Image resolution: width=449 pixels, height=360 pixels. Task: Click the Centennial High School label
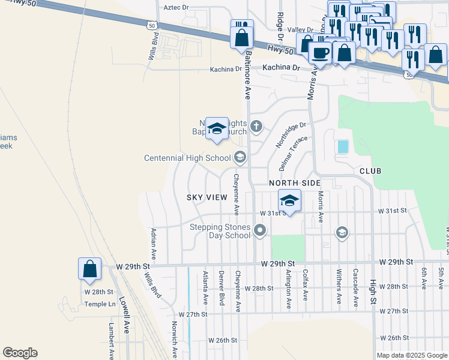point(187,158)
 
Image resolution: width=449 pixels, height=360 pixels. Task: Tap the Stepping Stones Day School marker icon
point(261,230)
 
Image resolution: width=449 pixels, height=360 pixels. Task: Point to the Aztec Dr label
point(176,7)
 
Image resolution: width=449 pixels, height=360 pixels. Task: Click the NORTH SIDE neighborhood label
point(294,182)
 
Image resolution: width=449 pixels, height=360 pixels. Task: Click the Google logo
point(20,353)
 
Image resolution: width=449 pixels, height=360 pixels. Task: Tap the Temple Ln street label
point(100,304)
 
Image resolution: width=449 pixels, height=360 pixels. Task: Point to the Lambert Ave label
point(111,338)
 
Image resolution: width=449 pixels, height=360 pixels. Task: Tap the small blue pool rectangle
point(343,146)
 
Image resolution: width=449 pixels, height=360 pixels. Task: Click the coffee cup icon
point(320,52)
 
